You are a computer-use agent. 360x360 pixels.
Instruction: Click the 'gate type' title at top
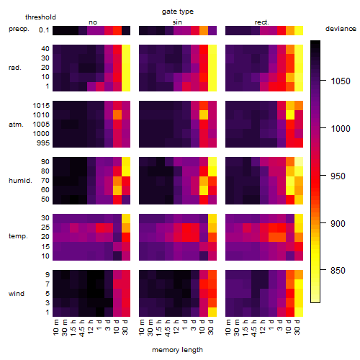[178, 12]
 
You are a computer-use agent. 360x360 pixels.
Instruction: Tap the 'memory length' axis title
[177, 350]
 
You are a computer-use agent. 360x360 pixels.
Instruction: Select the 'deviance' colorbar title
[341, 29]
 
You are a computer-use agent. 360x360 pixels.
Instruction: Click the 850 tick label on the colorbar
[338, 271]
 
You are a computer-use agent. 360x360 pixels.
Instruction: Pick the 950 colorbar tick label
[338, 176]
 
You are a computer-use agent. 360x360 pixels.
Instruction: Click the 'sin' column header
[177, 22]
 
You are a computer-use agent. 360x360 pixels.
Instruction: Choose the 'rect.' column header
[262, 22]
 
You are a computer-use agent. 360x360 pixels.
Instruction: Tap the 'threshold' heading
[40, 17]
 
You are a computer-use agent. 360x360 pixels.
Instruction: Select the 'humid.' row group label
[20, 181]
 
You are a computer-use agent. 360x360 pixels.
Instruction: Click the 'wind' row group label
[17, 294]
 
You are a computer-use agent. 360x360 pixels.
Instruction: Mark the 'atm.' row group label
[16, 125]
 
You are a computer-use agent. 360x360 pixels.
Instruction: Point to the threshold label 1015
[41, 106]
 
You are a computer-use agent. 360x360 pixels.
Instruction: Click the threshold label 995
[43, 143]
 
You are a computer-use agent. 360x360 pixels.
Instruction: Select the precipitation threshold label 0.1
[44, 30]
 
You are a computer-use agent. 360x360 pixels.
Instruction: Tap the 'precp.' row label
[19, 29]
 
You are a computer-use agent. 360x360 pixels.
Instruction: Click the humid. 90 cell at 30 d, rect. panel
[299, 162]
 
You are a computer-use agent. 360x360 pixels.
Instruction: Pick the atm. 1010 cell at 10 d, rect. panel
[290, 115]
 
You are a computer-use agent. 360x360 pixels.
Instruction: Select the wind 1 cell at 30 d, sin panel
[212, 312]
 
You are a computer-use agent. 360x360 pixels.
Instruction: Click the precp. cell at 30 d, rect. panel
[299, 31]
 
